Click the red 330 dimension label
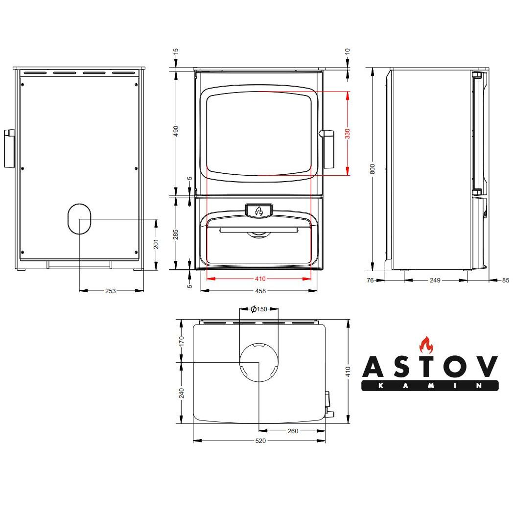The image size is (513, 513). click(x=348, y=134)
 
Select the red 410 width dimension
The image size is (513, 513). click(x=260, y=279)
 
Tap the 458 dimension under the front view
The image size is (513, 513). click(x=260, y=291)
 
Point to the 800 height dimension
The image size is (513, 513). click(x=373, y=169)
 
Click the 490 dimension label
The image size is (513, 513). click(x=176, y=131)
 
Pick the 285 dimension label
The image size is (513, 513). click(x=176, y=234)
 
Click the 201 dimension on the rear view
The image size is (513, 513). click(x=156, y=244)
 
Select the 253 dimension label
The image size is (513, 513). click(x=111, y=291)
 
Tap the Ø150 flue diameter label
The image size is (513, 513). click(x=259, y=309)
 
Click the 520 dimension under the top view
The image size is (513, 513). click(x=260, y=441)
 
